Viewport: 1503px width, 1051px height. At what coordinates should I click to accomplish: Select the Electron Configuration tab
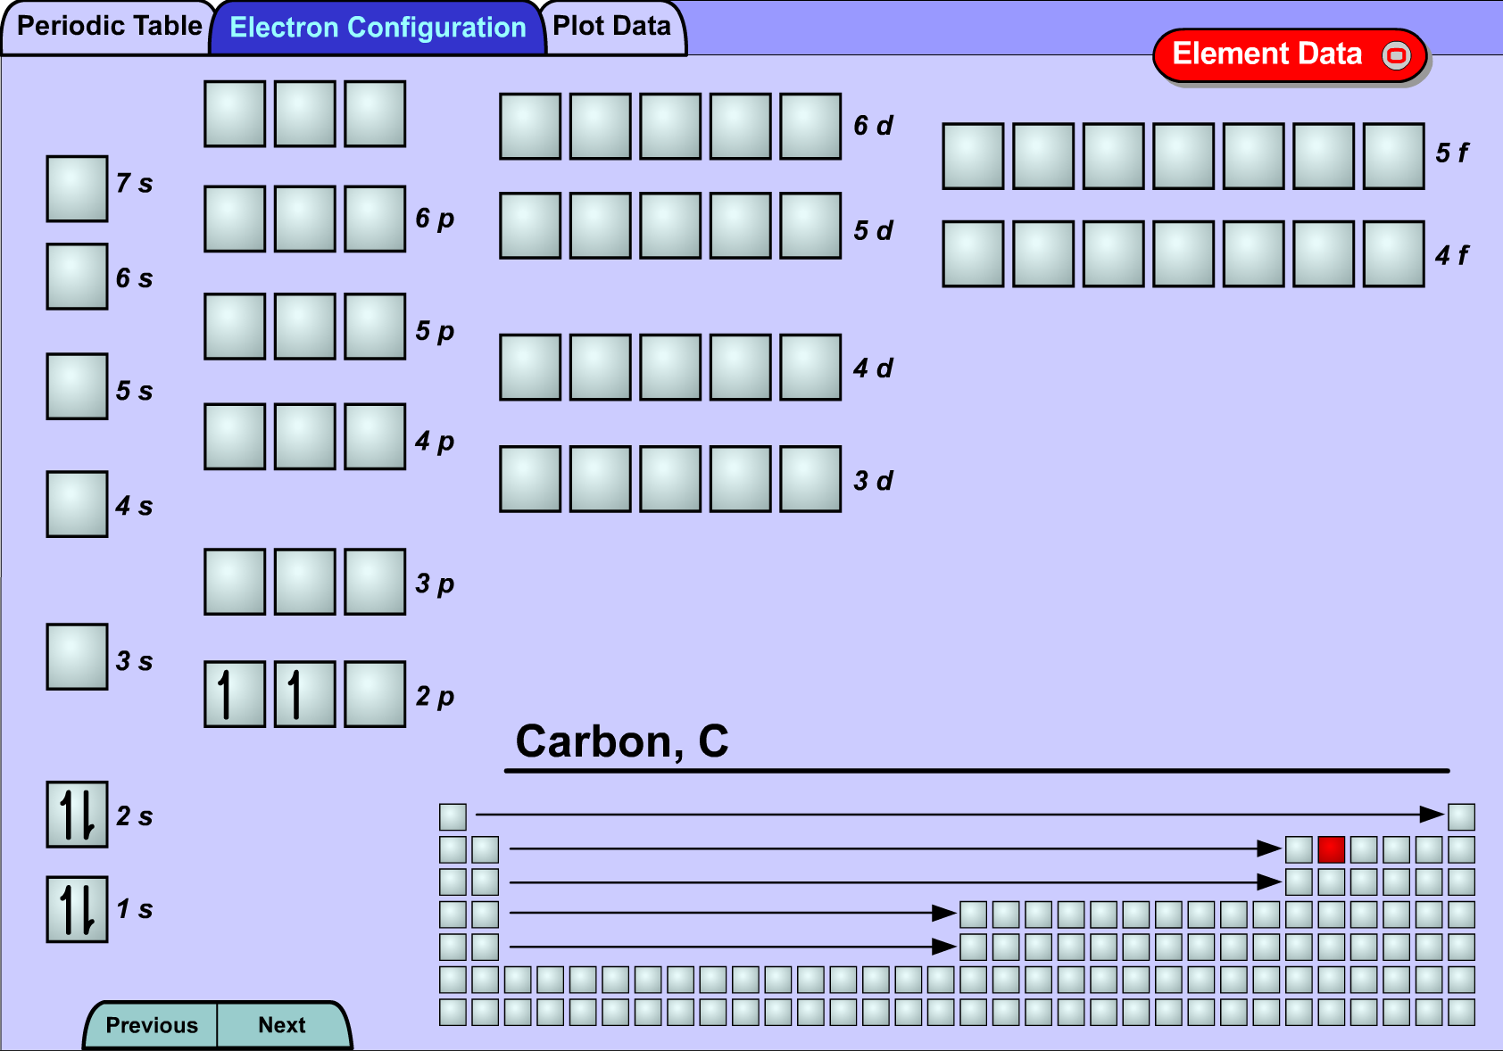[378, 27]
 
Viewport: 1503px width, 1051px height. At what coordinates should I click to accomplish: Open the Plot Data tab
[612, 27]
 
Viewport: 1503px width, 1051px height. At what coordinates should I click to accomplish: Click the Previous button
[152, 1025]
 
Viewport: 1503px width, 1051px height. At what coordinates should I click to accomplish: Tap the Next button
[283, 1025]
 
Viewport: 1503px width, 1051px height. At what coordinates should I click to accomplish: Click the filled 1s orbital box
[77, 909]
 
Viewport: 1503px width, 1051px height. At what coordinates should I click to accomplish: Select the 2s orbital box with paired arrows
[77, 815]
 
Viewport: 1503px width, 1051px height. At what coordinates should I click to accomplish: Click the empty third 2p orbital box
[375, 694]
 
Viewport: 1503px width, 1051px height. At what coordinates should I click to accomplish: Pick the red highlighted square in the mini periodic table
[1332, 849]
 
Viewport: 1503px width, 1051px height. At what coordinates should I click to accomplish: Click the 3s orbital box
[77, 657]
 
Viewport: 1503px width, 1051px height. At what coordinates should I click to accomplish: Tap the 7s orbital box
[77, 188]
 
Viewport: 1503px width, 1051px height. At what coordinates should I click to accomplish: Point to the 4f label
[1451, 255]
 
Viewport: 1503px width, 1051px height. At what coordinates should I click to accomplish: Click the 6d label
[873, 126]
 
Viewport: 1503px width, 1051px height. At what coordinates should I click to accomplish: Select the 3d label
[873, 481]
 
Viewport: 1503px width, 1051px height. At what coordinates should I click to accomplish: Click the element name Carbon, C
[622, 741]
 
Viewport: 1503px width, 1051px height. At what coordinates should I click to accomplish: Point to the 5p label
[435, 331]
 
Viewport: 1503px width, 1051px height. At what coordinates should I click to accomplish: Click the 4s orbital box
[77, 504]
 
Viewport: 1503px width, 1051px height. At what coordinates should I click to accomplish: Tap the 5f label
[1451, 153]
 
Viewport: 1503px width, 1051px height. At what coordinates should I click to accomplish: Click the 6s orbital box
[77, 277]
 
